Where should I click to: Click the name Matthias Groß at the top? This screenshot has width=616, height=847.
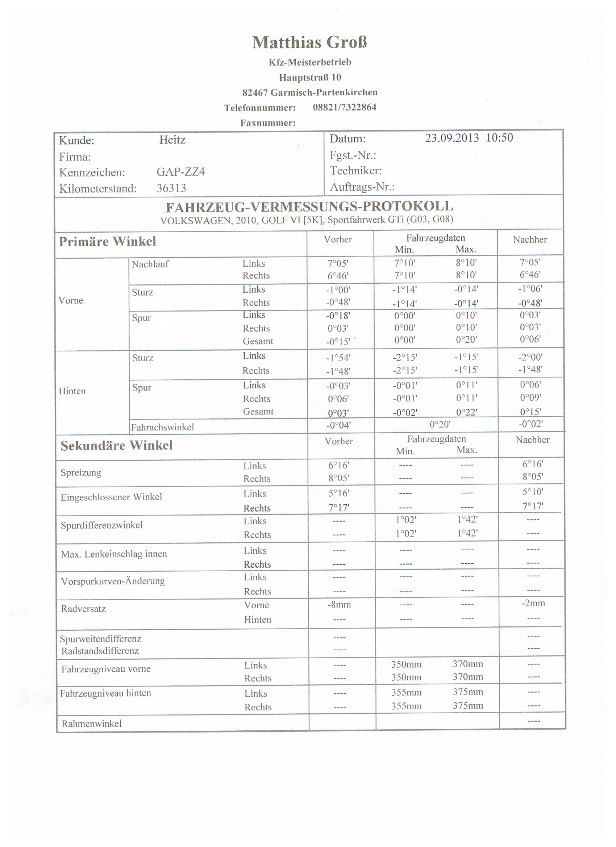point(309,43)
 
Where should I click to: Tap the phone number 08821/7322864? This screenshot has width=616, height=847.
point(345,108)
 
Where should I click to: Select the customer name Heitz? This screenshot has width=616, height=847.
point(172,140)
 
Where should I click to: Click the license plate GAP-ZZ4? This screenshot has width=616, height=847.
point(181,172)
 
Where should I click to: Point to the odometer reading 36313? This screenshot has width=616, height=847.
point(171,188)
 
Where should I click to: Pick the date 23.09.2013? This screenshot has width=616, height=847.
point(451,138)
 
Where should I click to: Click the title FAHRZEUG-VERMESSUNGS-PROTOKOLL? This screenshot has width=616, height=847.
point(309,206)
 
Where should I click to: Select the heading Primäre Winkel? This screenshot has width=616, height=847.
point(108,242)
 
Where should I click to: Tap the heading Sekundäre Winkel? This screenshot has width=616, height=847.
point(117,446)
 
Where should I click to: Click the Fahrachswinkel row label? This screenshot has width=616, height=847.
point(162,427)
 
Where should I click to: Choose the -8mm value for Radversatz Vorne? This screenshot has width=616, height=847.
point(339,605)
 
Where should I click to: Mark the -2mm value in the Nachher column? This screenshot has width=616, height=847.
point(533,603)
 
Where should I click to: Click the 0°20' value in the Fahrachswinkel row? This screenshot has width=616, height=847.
point(440,425)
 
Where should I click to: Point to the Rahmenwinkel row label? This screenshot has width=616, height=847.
point(92,724)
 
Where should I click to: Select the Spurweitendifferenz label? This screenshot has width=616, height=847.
point(100,639)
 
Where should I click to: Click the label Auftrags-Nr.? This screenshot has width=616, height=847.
point(362,187)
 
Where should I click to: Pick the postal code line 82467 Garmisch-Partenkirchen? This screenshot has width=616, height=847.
point(310,92)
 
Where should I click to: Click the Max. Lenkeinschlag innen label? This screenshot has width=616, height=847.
point(114,554)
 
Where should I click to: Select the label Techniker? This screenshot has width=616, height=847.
point(355,171)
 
